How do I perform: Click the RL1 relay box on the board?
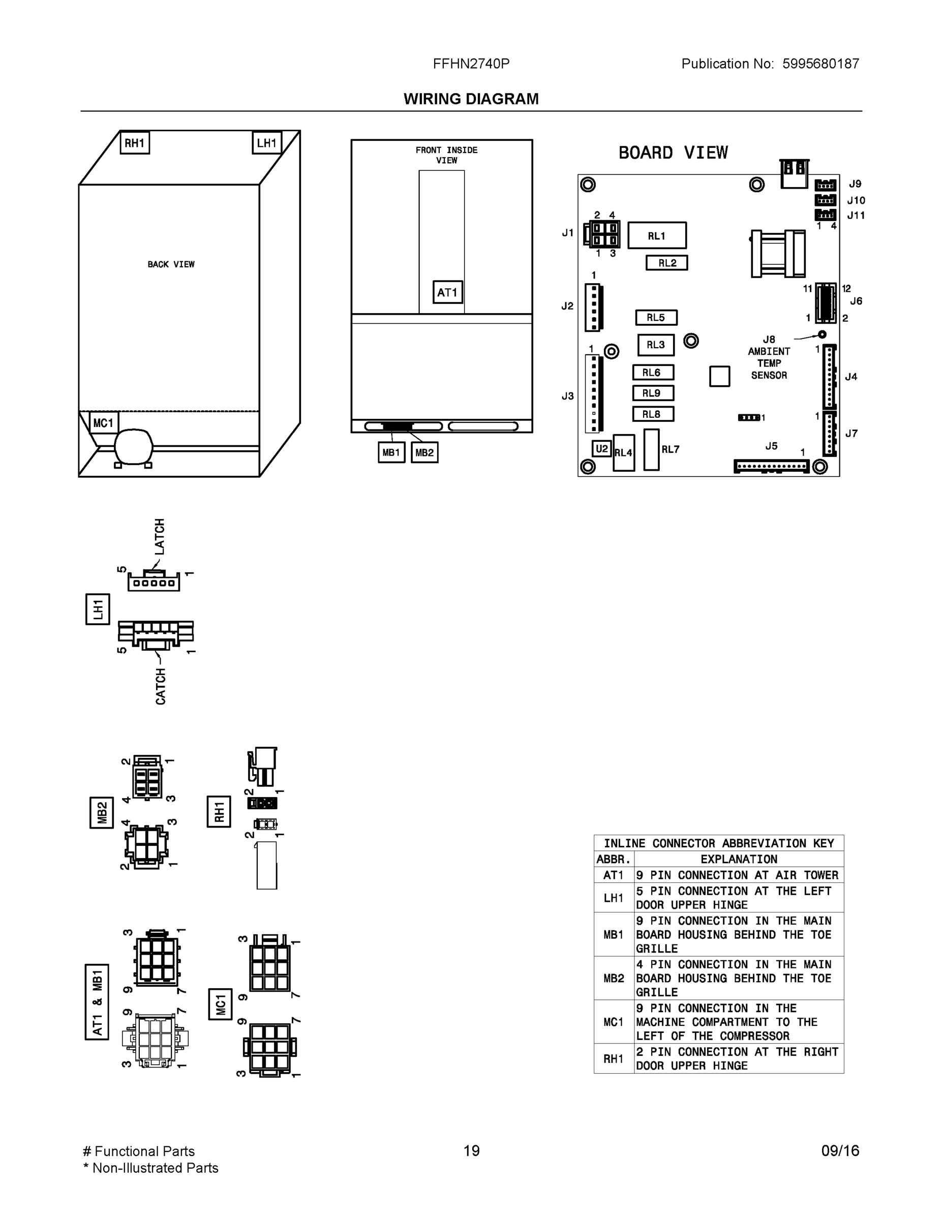pos(656,236)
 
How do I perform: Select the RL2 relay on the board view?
pos(666,263)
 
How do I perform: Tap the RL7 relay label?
pos(671,450)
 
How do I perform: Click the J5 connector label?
pos(771,446)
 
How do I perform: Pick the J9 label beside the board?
pos(855,184)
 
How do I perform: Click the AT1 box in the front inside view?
pos(447,292)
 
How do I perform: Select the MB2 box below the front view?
pos(424,452)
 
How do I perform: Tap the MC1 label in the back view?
pos(103,423)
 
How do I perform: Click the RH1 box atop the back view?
pos(135,143)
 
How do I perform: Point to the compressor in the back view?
pos(134,446)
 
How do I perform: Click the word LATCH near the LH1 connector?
pos(160,536)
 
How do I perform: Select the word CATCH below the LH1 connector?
pos(161,687)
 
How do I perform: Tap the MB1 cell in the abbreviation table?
pos(614,934)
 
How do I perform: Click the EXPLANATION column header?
pos(739,859)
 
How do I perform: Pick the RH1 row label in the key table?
pos(614,1058)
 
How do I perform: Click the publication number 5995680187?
pos(820,64)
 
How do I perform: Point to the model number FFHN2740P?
pos(471,64)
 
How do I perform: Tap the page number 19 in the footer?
pos(472,1151)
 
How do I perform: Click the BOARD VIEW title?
pos(673,153)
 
